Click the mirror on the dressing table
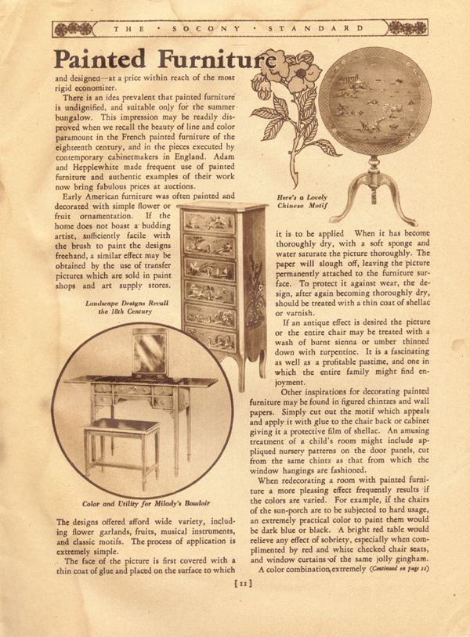(x=149, y=352)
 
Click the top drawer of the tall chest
(x=208, y=223)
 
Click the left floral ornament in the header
(x=71, y=29)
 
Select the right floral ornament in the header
(x=407, y=29)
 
